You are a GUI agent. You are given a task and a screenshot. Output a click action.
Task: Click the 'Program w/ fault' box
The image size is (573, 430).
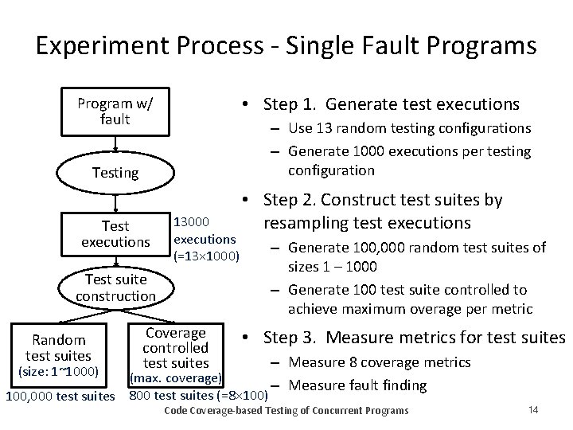115,112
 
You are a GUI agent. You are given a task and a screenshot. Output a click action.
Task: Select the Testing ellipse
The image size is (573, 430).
115,172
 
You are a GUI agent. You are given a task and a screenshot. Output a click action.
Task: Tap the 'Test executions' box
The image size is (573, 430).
115,233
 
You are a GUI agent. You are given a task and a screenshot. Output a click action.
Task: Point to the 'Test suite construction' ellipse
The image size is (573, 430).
115,287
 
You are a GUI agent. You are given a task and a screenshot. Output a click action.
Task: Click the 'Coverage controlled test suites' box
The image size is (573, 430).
176,348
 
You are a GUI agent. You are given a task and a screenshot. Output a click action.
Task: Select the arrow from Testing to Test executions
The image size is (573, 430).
115,199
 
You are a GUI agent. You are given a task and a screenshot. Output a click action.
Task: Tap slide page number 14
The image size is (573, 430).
533,409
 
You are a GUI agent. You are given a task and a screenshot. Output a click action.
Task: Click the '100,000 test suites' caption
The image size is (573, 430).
60,395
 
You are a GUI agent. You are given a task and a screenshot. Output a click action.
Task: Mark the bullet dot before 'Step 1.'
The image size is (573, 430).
248,105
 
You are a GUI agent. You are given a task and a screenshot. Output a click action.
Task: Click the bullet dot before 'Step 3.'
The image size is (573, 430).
248,338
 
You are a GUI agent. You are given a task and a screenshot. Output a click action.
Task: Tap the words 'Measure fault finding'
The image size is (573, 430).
359,386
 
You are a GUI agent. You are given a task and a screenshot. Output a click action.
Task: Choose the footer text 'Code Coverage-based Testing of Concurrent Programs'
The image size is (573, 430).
285,410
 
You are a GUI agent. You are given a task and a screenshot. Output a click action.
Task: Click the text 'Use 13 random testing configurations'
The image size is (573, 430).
410,128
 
